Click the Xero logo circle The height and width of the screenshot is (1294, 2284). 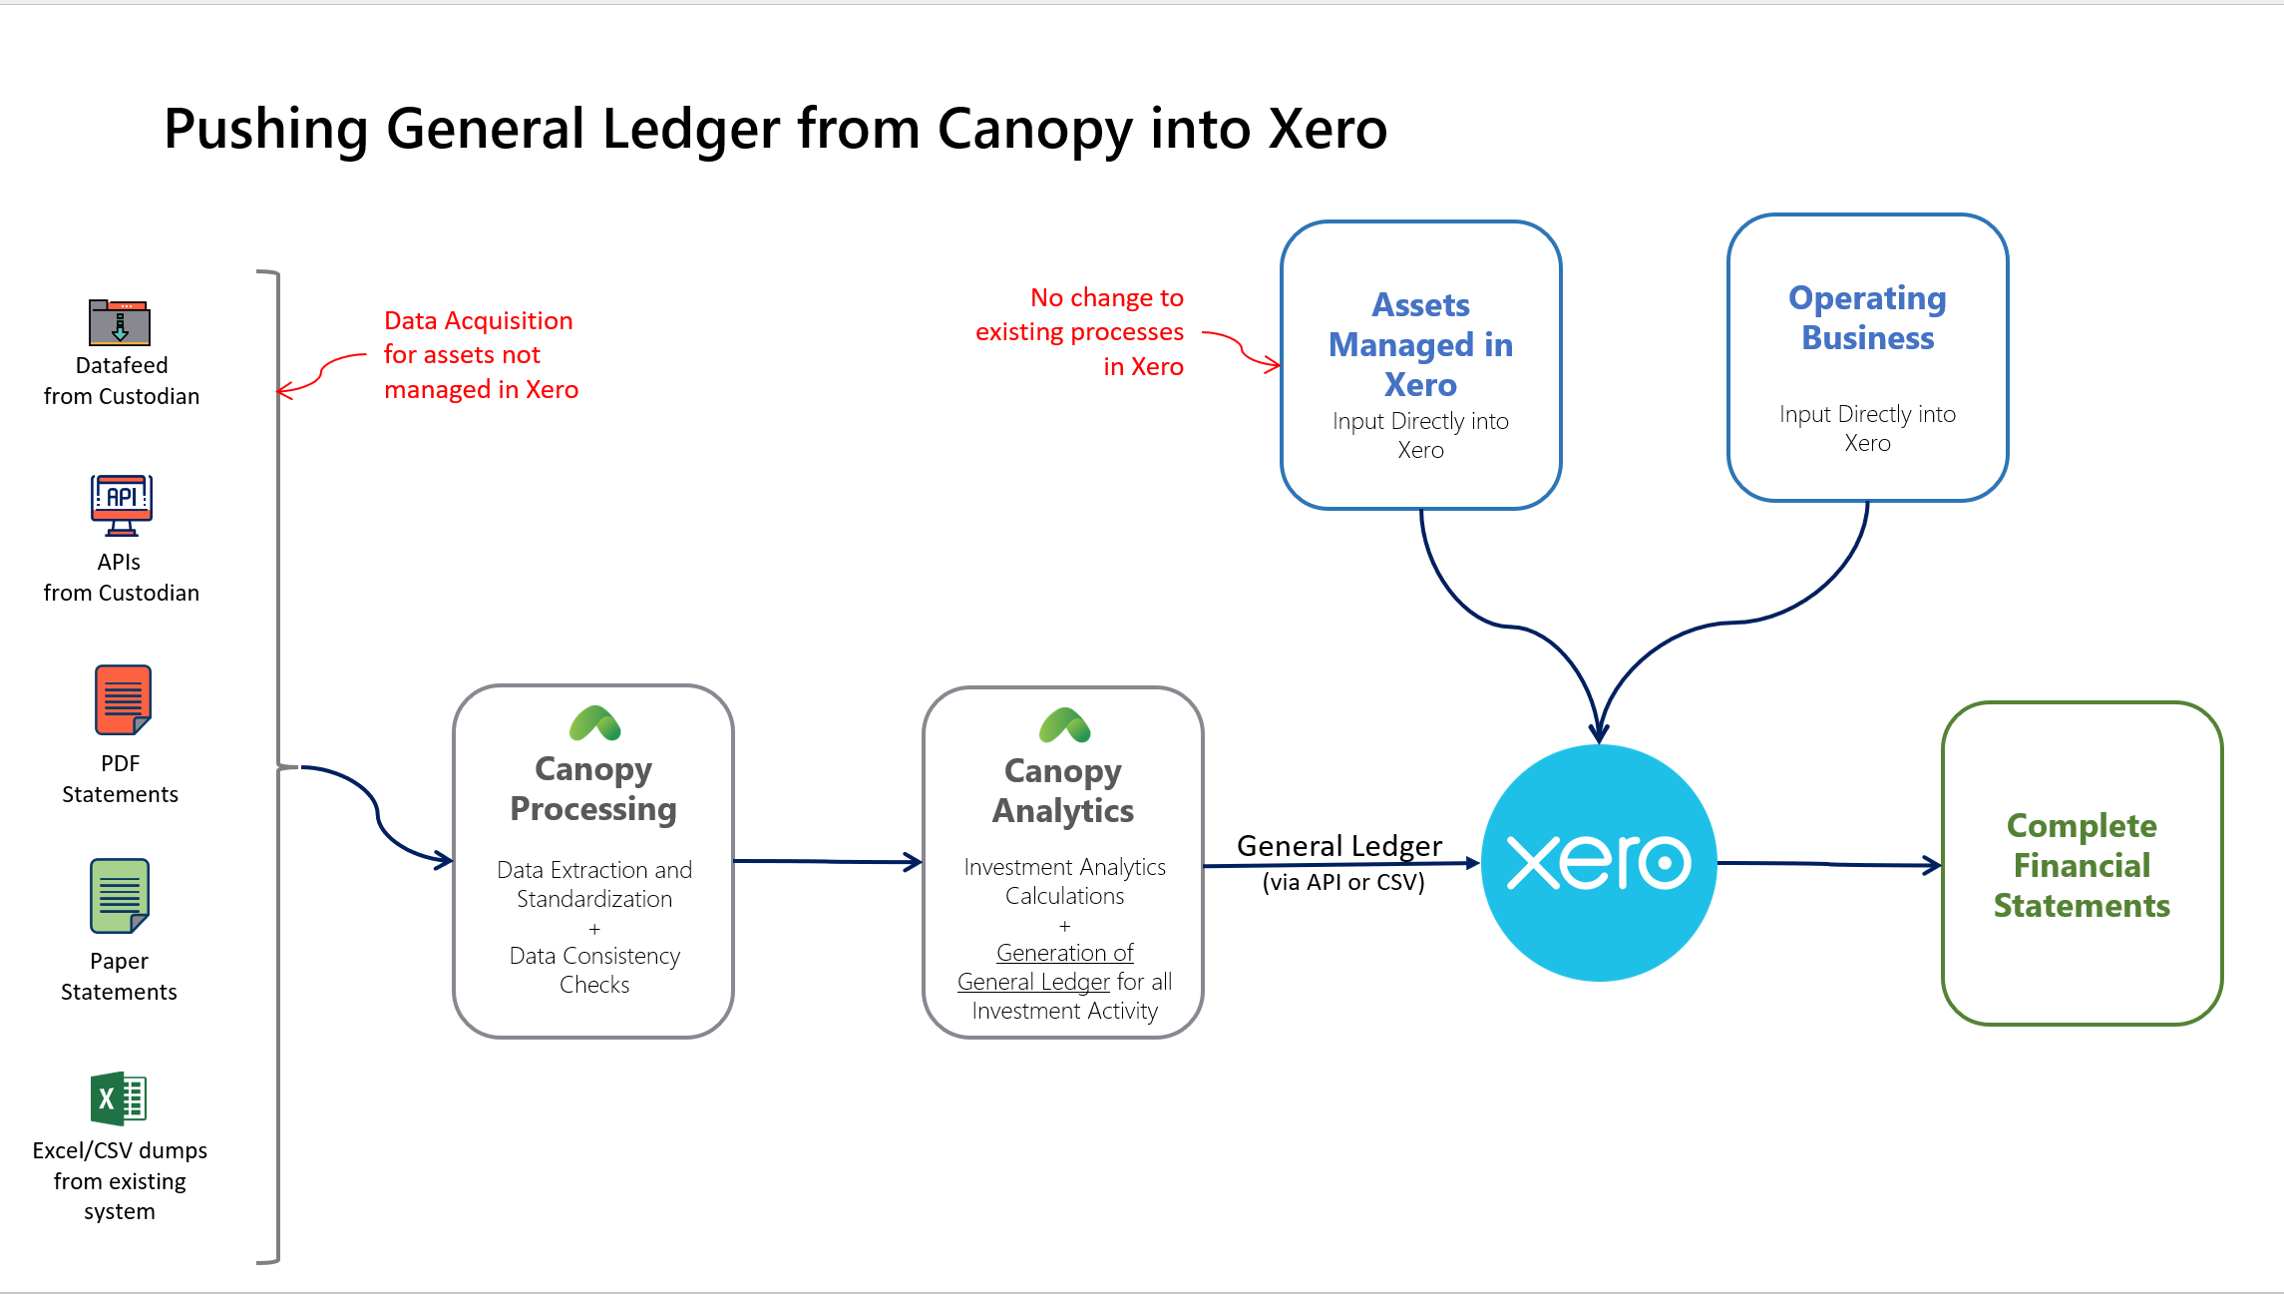pos(1599,863)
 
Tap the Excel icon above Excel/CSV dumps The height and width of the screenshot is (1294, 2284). pos(119,1098)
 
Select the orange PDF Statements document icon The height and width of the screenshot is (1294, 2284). pos(122,700)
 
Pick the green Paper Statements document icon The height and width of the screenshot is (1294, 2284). pos(120,896)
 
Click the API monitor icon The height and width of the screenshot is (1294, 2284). pos(121,505)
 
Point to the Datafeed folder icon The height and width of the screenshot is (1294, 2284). pos(120,321)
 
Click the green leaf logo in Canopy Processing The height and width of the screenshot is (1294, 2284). pos(595,723)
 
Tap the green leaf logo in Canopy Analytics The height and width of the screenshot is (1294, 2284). pos(1065,725)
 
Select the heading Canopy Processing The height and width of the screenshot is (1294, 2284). pos(593,788)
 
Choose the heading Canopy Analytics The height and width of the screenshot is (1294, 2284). pos(1063,790)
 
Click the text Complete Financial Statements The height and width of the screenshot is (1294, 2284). pos(2082,865)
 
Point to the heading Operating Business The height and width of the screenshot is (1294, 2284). pos(1867,317)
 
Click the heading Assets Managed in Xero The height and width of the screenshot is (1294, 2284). pos(1420,344)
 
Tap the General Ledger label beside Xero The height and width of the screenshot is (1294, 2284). pos(1339,846)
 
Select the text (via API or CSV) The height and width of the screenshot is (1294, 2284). pos(1343,882)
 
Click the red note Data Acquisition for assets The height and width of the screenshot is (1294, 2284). pos(481,354)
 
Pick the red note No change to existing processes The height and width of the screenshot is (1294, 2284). pos(1079,331)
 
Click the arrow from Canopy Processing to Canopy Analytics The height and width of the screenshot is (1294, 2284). pos(828,861)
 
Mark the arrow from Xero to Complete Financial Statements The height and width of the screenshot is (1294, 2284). pos(1829,864)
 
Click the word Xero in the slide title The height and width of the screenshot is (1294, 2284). pos(1328,129)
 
